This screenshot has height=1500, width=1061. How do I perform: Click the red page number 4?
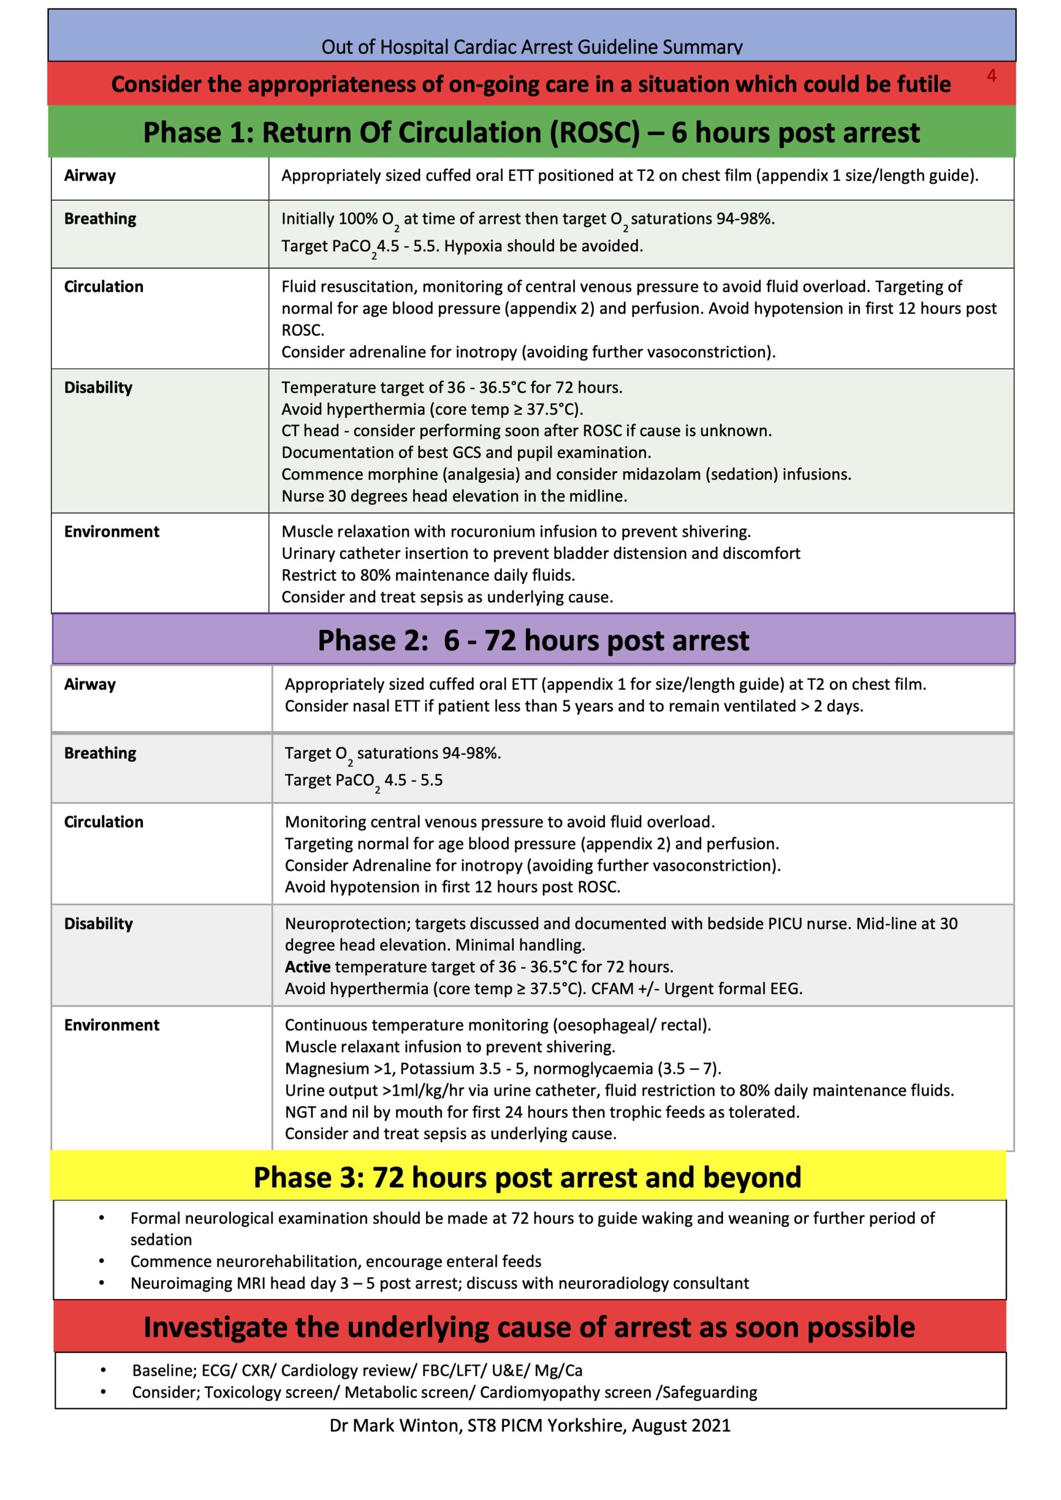coord(991,76)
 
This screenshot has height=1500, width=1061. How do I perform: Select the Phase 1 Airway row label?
coord(90,175)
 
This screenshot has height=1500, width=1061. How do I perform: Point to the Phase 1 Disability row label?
coord(98,387)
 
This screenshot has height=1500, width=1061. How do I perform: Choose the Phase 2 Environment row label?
coord(111,1024)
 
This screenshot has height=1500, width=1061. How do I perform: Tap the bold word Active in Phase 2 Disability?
coord(307,966)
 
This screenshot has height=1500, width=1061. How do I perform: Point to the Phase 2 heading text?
coord(533,640)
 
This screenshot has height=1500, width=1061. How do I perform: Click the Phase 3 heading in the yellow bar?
coord(527,1178)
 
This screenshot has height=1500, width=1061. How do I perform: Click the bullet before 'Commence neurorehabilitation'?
coord(101,1261)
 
